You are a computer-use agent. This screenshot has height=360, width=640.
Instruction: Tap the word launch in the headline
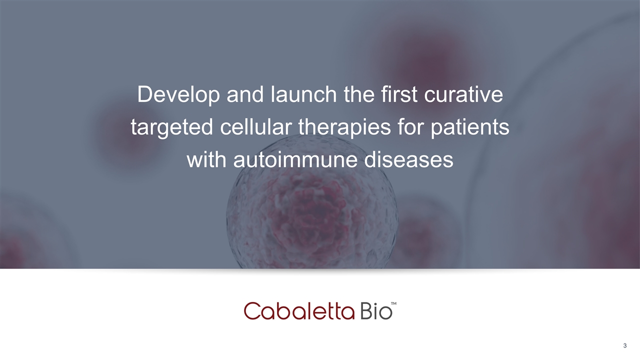[x=303, y=94]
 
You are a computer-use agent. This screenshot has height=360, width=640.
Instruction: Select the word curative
[x=463, y=94]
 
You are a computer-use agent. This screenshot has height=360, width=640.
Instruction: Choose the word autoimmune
[x=295, y=159]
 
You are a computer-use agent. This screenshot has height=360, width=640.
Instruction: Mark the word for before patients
[x=410, y=127]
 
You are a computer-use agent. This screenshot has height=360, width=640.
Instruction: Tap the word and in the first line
[x=245, y=94]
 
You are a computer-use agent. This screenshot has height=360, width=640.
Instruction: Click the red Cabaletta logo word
[x=299, y=311]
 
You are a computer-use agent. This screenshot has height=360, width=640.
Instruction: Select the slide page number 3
[x=625, y=345]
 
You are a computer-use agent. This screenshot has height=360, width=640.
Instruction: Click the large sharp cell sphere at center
[x=312, y=217]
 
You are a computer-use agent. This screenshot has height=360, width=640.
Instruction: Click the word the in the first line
[x=359, y=94]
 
